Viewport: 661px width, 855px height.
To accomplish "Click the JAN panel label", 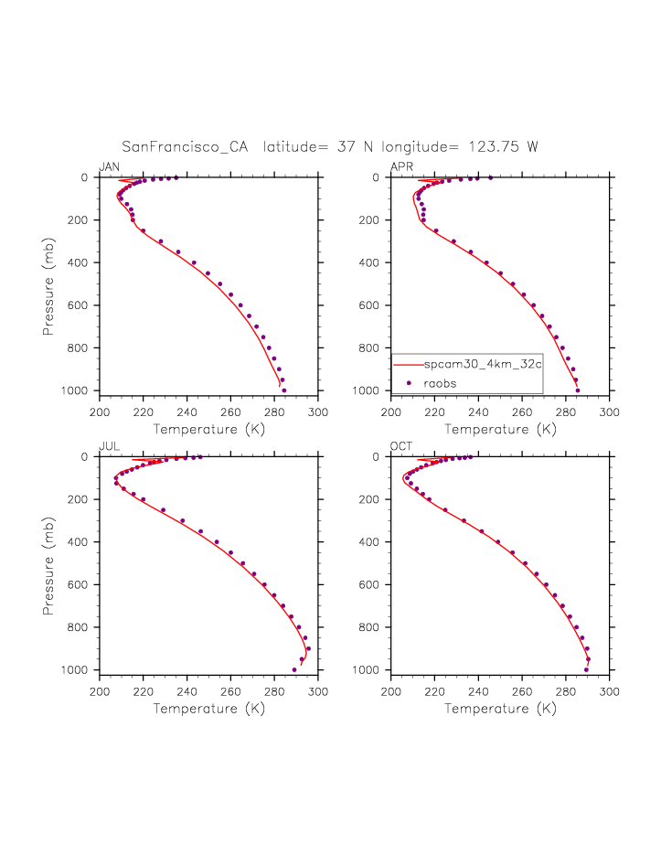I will [x=109, y=166].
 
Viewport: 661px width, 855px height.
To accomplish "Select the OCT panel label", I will [x=400, y=446].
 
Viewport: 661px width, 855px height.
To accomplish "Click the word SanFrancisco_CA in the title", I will [x=187, y=146].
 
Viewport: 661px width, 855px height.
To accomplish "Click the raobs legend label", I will [x=440, y=383].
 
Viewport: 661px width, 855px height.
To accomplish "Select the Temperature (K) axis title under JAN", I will [x=208, y=429].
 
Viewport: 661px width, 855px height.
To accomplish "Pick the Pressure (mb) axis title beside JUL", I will [x=48, y=562].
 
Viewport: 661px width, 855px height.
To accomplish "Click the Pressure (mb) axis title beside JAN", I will [x=48, y=283].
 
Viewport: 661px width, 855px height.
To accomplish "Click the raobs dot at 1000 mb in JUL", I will [x=294, y=670].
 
